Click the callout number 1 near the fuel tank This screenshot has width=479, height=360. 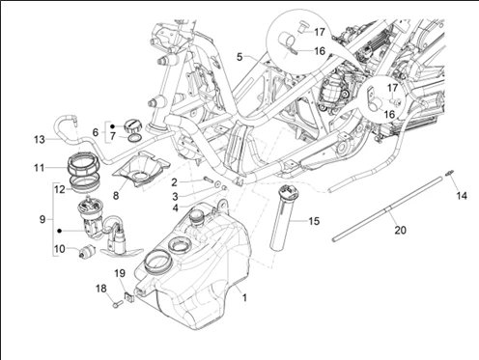point(244,298)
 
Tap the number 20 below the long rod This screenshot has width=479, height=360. point(400,231)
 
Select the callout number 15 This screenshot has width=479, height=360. point(314,221)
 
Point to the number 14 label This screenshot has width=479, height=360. point(462,196)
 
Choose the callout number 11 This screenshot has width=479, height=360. point(40,168)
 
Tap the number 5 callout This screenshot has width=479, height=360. point(239,57)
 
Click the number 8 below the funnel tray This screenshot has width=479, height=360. point(116,196)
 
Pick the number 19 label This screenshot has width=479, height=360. point(120,273)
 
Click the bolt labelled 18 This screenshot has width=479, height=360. point(117,303)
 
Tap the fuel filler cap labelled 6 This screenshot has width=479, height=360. point(132,125)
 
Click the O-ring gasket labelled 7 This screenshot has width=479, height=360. point(135,139)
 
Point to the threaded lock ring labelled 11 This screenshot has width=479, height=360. point(84,163)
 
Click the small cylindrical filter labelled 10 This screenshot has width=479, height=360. point(87,251)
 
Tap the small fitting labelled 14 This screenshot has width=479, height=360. point(449,173)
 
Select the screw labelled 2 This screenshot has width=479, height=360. point(209,179)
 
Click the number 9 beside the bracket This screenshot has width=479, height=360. point(42,220)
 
